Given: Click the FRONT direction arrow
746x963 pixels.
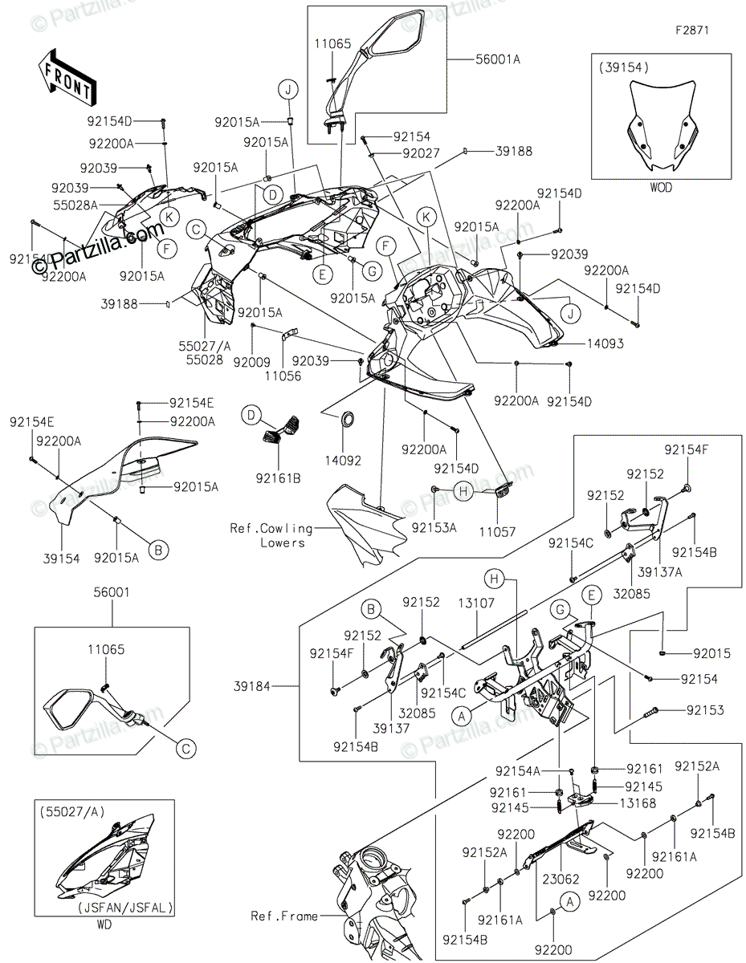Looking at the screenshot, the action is [x=67, y=79].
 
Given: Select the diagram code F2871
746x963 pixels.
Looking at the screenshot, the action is [x=692, y=30].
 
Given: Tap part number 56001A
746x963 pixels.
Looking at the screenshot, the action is [x=497, y=59].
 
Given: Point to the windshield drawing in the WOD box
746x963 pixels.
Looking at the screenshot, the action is [x=661, y=126].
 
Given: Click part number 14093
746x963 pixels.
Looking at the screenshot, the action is [x=605, y=343].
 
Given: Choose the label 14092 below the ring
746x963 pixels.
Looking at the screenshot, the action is [x=343, y=461].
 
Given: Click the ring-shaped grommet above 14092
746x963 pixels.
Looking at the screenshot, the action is [x=347, y=418].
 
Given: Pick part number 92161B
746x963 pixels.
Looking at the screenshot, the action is [x=278, y=478].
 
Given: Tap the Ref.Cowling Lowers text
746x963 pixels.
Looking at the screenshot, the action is [x=271, y=535].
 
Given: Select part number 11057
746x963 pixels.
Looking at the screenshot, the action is [x=497, y=531].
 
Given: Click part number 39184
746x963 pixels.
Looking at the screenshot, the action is [x=252, y=686].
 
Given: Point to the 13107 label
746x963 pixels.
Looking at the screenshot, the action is [x=475, y=603].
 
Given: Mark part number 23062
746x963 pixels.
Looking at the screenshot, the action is [x=561, y=879].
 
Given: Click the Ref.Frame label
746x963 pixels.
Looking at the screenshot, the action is [x=284, y=916].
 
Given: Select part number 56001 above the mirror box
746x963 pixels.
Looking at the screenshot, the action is [x=112, y=592].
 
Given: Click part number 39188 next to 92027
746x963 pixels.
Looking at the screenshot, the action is [x=514, y=151].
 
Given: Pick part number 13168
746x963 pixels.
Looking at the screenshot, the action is [x=638, y=802].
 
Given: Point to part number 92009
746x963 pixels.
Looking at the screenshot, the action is [x=252, y=363].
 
